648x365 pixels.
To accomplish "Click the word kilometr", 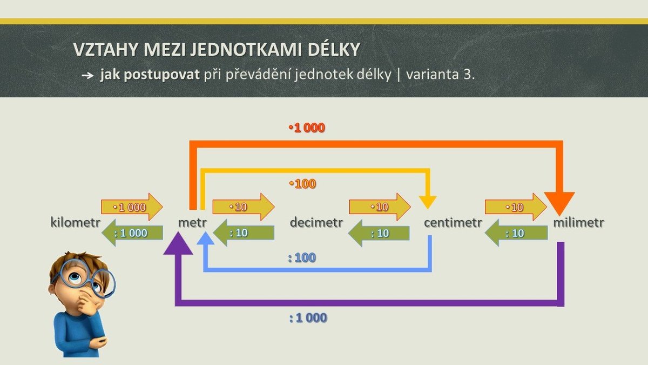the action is [x=76, y=222].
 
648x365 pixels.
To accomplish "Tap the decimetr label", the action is [x=316, y=222].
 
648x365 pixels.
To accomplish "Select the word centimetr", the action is [x=453, y=222].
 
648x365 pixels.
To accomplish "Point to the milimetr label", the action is [x=578, y=222].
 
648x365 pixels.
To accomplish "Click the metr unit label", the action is [x=192, y=222].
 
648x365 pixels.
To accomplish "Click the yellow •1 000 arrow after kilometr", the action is [x=132, y=207].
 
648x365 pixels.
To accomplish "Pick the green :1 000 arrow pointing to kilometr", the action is [x=132, y=233].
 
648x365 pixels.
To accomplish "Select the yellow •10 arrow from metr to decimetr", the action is [x=244, y=207].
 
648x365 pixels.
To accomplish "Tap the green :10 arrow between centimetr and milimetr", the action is [x=516, y=233].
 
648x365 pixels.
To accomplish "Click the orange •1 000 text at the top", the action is [x=307, y=128].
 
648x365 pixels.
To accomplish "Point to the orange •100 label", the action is [x=302, y=184].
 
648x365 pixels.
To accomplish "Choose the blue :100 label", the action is [x=302, y=257].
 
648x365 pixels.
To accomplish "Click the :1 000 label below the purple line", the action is [x=308, y=318].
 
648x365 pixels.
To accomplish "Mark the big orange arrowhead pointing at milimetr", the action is [x=559, y=203].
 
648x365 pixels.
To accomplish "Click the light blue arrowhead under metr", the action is [x=205, y=238].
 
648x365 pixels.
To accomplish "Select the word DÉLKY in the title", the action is [x=334, y=49].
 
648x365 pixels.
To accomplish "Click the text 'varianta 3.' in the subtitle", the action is [x=441, y=75].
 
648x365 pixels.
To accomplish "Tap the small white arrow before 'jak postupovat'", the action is [x=87, y=76].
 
